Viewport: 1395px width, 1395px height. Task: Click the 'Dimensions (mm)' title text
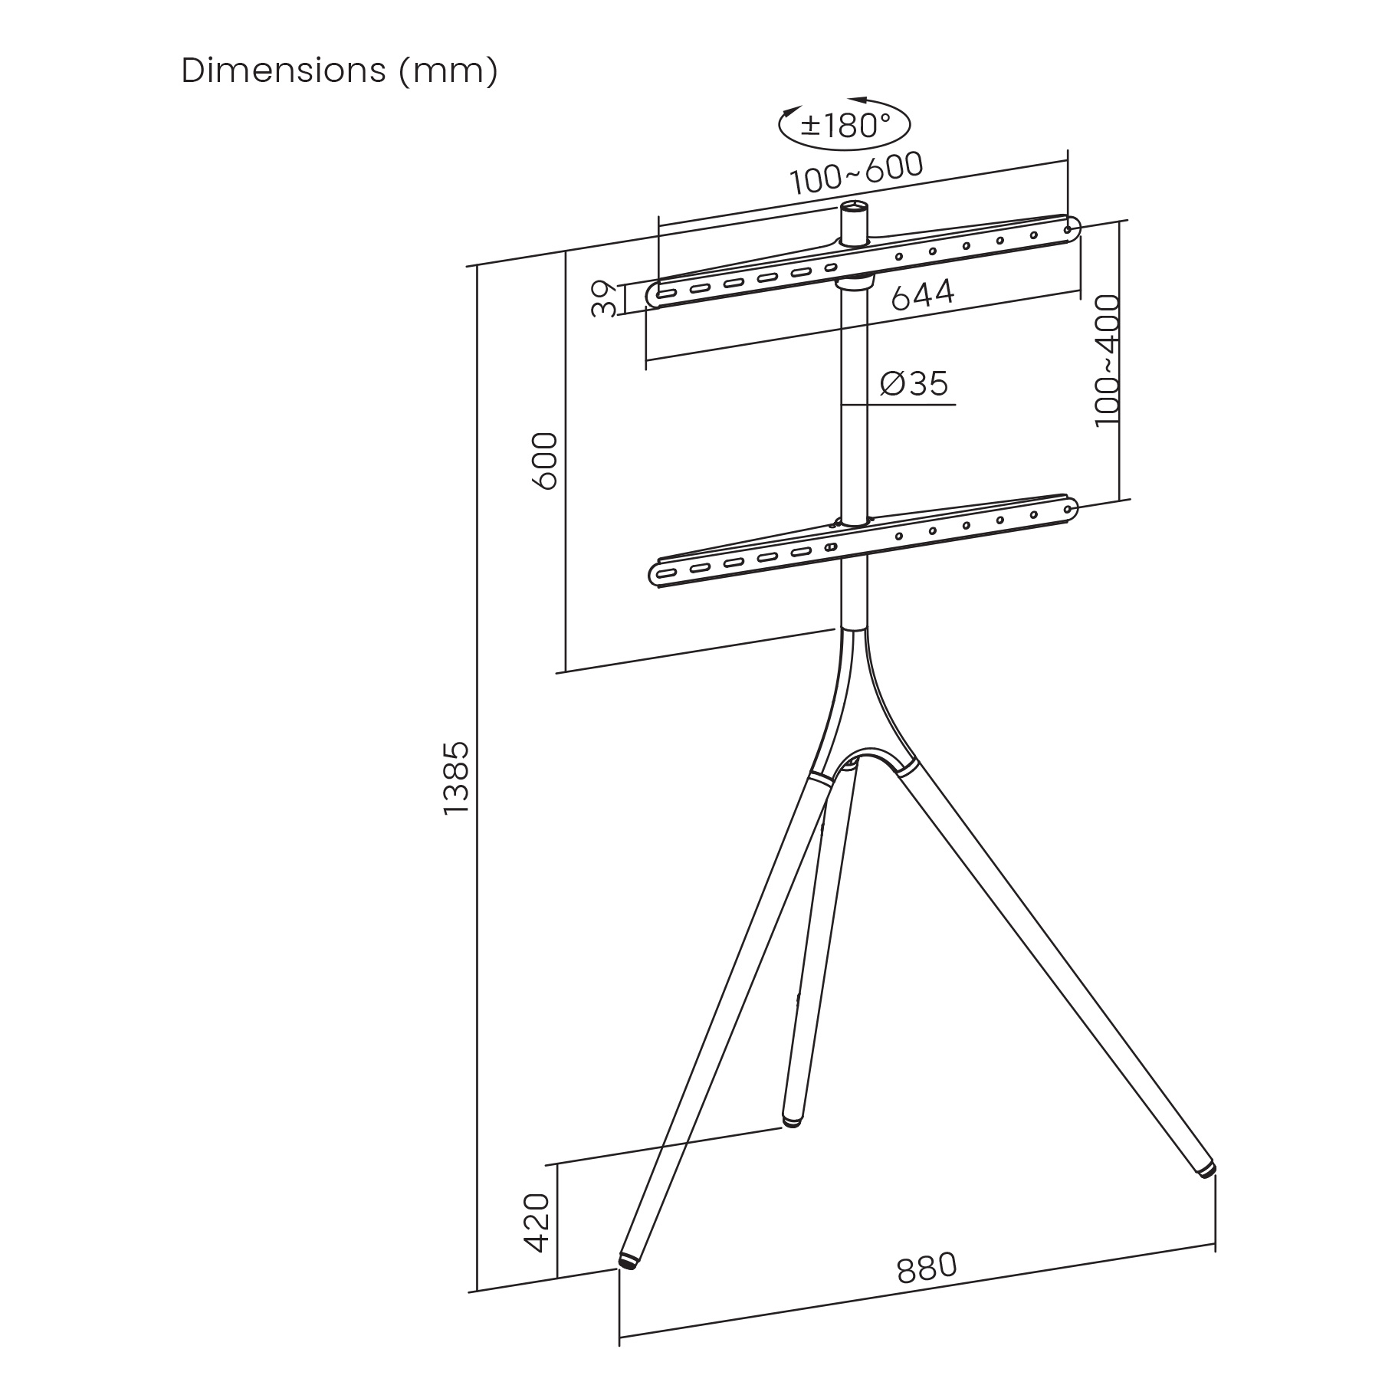[x=340, y=71]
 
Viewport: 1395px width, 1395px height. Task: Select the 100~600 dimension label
[x=857, y=173]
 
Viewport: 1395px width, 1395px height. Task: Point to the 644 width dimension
[x=923, y=295]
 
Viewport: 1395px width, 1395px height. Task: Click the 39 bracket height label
[x=605, y=299]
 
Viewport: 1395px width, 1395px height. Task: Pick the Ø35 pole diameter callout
[x=914, y=383]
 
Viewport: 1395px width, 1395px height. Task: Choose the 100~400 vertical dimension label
[x=1107, y=361]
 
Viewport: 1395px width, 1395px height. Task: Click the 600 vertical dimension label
[x=544, y=461]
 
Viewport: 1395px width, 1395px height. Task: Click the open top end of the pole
[x=855, y=206]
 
